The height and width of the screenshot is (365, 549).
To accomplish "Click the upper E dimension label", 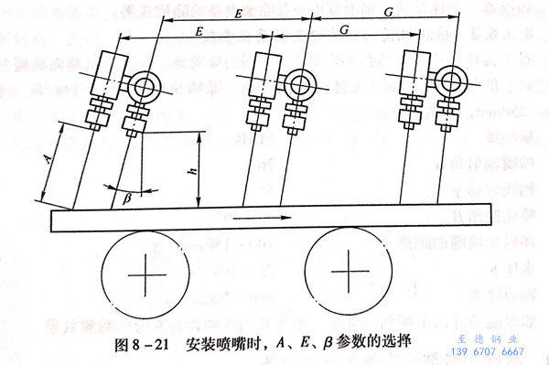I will tap(238, 16).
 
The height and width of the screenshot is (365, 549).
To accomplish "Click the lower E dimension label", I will tap(199, 31).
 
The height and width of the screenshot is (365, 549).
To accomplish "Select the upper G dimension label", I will tap(389, 14).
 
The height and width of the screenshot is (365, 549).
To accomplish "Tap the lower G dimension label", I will tap(344, 31).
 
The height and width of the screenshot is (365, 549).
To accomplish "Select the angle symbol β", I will tap(127, 196).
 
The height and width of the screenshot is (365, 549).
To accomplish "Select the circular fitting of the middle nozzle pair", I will tap(297, 81).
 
